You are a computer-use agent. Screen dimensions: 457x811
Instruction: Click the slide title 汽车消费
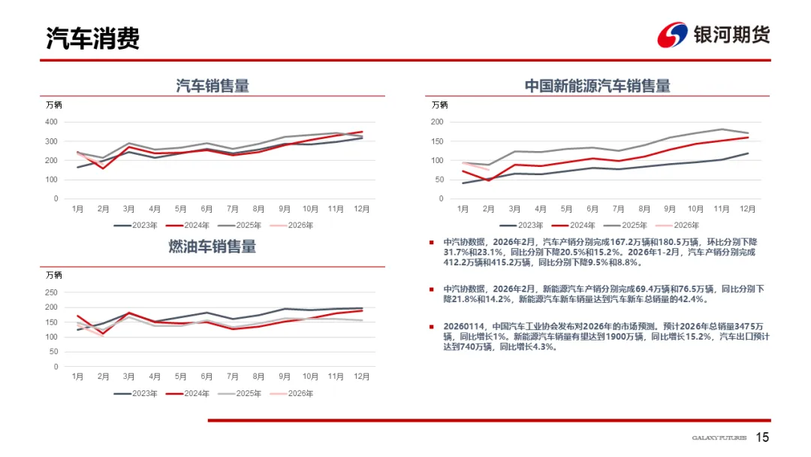[93, 38]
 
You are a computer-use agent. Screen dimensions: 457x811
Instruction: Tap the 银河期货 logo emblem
[672, 35]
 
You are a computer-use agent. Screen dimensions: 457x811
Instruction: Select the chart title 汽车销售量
[213, 86]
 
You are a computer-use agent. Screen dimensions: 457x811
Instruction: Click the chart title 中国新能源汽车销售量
[598, 86]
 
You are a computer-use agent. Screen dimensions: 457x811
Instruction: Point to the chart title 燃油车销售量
[213, 247]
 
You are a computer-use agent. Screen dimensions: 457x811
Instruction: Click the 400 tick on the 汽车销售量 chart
[52, 122]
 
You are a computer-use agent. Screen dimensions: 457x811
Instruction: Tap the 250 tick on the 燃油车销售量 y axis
[52, 292]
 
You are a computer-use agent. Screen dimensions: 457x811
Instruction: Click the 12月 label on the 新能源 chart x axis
[747, 208]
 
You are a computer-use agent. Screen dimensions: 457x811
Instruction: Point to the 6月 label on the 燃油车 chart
[206, 377]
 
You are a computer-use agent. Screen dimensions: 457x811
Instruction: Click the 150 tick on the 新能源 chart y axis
[437, 141]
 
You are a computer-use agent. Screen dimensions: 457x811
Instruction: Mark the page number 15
[762, 437]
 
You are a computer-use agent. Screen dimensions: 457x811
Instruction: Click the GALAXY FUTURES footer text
[719, 438]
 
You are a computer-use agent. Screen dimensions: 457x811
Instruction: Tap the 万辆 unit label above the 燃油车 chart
[54, 275]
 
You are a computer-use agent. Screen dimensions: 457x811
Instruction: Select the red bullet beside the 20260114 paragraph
[431, 326]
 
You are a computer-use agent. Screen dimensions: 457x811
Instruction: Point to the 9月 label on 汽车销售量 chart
[283, 208]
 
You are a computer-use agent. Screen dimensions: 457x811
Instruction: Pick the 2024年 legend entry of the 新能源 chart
[580, 225]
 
